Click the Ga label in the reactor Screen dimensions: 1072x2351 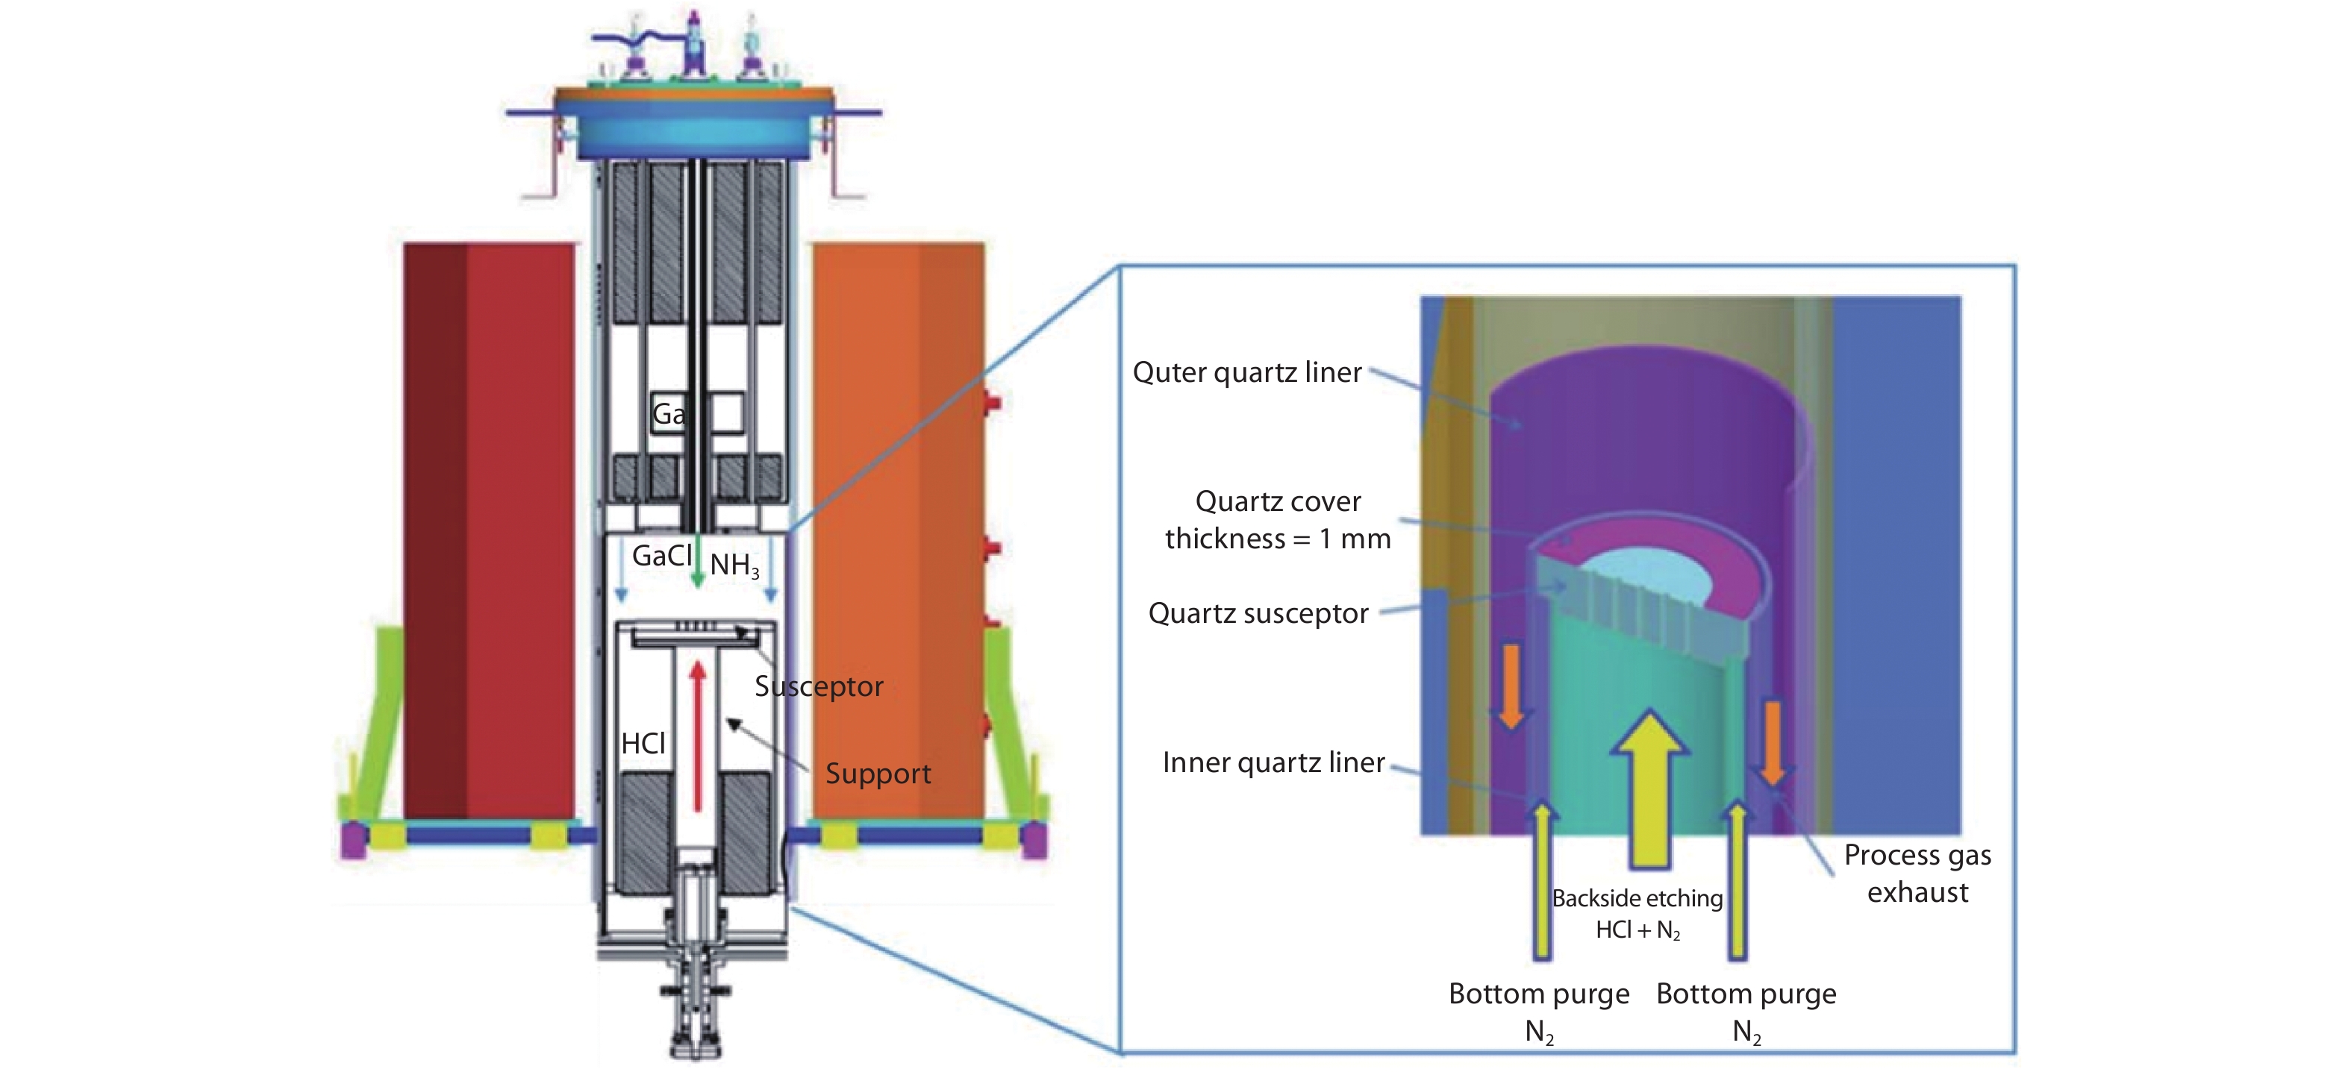click(668, 414)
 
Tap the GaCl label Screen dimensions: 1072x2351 click(662, 556)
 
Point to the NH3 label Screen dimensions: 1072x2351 click(734, 565)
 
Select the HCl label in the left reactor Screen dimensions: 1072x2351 click(643, 744)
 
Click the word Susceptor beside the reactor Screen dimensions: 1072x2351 click(819, 686)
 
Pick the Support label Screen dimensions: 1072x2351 click(878, 774)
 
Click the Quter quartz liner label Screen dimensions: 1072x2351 click(1246, 372)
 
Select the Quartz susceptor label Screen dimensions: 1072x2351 click(1258, 613)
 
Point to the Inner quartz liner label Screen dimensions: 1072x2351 click(1273, 762)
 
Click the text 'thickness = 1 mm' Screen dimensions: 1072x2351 click(1278, 539)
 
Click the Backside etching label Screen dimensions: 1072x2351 click(1637, 899)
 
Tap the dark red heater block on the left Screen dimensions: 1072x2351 click(488, 529)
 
